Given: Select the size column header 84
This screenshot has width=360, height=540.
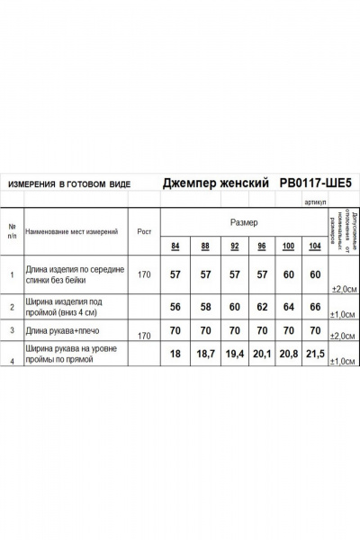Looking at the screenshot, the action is click(175, 247).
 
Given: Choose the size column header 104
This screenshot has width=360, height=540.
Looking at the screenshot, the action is click(315, 247).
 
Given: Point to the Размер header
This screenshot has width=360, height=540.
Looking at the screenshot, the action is click(244, 221).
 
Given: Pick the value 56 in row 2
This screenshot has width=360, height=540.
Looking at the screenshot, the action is click(175, 307).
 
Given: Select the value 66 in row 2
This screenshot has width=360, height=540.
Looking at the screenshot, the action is click(315, 307).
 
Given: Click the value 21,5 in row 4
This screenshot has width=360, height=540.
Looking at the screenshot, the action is click(315, 356).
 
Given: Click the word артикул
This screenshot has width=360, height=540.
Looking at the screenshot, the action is click(316, 202).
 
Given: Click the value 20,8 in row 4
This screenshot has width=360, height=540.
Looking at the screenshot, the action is click(287, 356).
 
